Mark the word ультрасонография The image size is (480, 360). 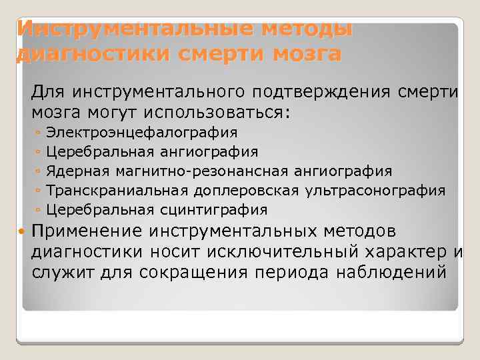[375, 191]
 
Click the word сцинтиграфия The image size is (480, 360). [214, 210]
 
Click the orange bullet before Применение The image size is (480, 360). [23, 231]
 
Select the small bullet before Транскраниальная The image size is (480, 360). [41, 191]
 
